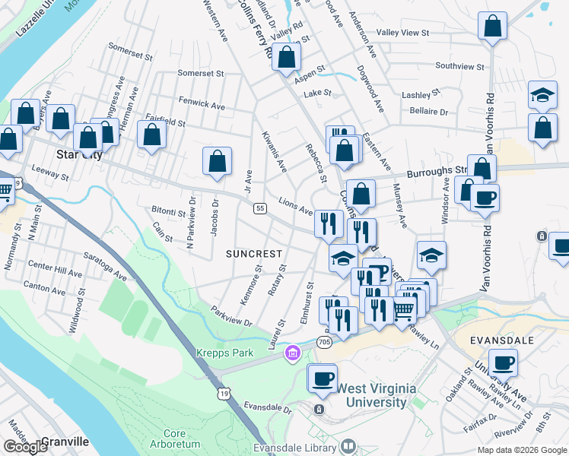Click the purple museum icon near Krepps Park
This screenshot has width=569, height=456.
tap(292, 353)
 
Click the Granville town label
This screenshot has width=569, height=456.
tap(65, 441)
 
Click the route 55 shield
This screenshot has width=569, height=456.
tap(260, 207)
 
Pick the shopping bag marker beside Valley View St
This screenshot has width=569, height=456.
tap(493, 26)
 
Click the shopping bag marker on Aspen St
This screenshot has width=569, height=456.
tap(287, 56)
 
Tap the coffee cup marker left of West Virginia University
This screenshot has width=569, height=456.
tap(323, 378)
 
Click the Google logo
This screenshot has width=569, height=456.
tap(26, 447)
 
